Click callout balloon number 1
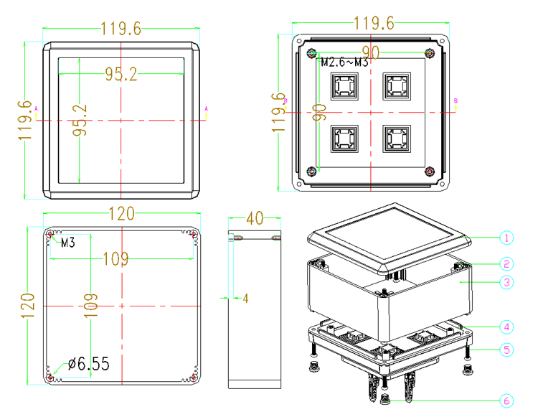point(506,237)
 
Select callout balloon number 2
point(506,263)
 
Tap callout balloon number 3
point(506,283)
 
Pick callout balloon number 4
point(506,327)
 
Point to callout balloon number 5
point(506,350)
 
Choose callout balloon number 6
point(506,401)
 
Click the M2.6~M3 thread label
point(344,63)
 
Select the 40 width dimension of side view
point(255,217)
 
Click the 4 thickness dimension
point(245,298)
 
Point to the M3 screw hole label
point(68,243)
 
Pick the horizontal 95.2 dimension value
point(121,75)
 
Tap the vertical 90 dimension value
point(320,112)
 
